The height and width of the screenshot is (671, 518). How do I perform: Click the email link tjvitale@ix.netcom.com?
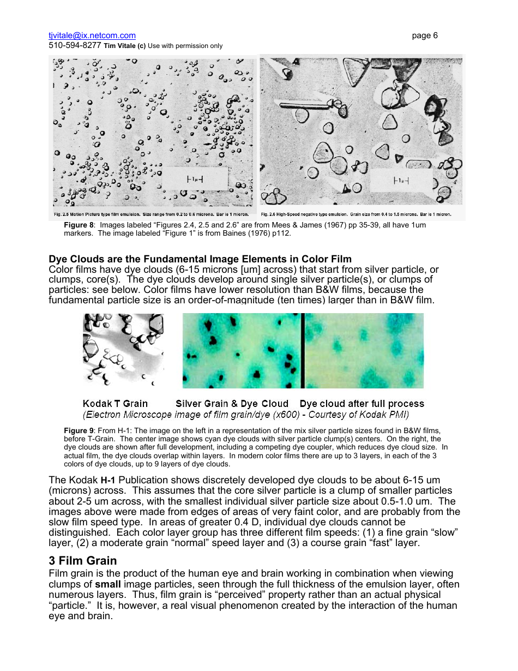pos(92,35)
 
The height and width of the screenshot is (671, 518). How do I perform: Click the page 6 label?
pos(425,35)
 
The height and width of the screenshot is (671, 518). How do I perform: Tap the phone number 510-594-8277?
pos(75,46)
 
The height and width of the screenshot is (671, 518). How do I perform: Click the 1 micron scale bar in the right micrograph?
pos(401,181)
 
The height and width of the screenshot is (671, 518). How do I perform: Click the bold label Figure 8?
pos(80,225)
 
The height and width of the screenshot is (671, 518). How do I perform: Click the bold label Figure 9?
pos(80,430)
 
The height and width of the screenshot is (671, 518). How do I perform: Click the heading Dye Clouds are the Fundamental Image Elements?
pos(200,259)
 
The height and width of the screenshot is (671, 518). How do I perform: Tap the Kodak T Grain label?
pos(115,404)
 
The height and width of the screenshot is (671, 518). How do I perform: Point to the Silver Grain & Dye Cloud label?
pos(232,404)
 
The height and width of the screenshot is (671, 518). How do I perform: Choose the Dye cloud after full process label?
pos(362,404)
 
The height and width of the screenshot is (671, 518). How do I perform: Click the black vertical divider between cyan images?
pos(302,350)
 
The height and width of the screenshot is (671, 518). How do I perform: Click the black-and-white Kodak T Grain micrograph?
pos(123,349)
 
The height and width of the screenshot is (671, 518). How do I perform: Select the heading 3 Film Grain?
pos(83,560)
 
